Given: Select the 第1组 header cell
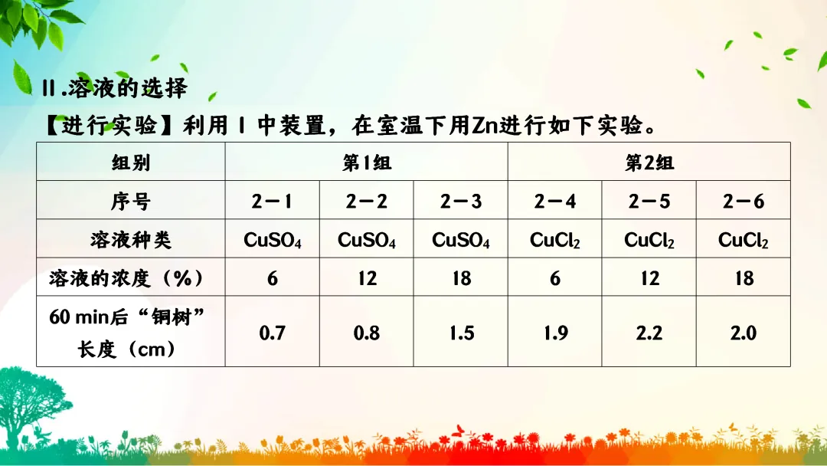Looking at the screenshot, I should coord(366,162).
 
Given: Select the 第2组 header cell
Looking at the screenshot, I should coord(649,162).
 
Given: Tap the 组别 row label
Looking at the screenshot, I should coord(131,162).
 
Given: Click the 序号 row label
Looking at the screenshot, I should coord(131,201).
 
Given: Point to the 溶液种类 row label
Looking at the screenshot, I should coord(131,240).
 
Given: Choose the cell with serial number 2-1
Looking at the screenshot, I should coord(272,201).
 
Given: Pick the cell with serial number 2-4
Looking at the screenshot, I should coord(555,201).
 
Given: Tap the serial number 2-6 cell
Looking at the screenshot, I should coord(744,201).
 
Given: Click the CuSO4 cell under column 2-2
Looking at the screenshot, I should coord(367,240).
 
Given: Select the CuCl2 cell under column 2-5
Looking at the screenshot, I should coord(649,240).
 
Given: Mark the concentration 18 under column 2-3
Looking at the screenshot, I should coord(461,277).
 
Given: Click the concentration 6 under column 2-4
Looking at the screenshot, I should coord(555,277).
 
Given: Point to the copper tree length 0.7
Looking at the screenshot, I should coord(272,333).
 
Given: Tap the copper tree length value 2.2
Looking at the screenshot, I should coord(649,333).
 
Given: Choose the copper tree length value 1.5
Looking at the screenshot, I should coord(461,333).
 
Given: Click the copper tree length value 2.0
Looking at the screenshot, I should coord(744,333).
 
